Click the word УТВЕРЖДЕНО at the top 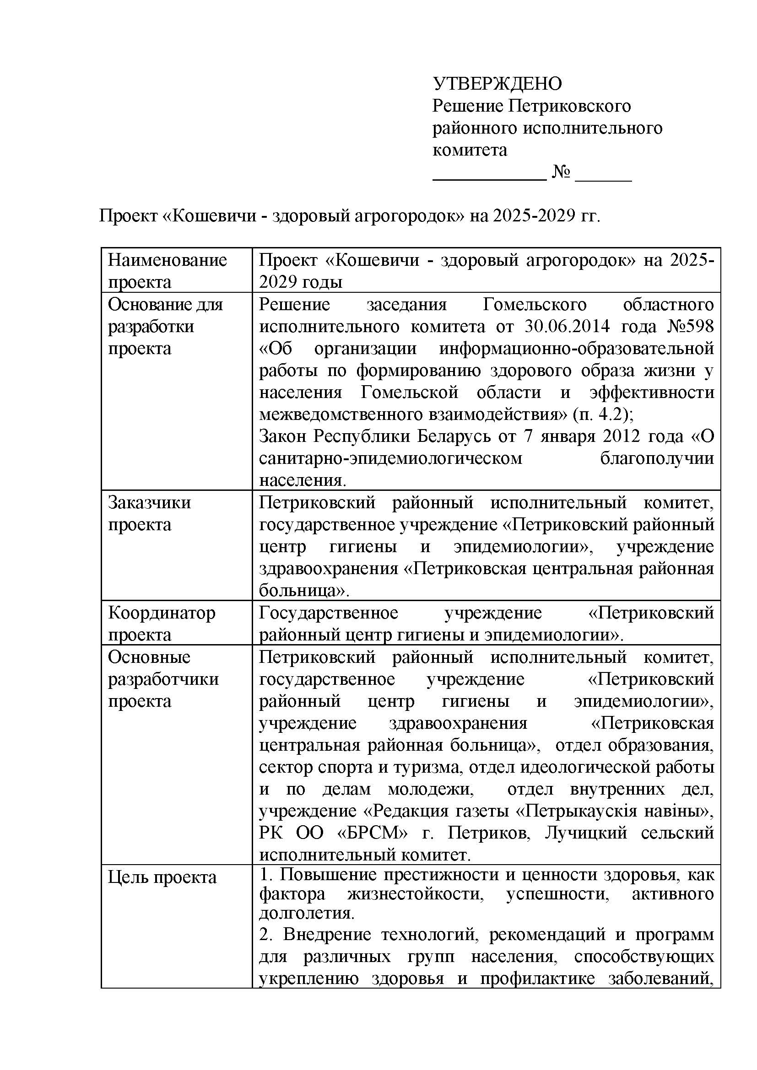click(497, 84)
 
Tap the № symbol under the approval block click(561, 172)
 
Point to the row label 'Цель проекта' click(162, 877)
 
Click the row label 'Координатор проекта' click(162, 624)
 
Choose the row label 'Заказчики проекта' click(149, 514)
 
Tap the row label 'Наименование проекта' click(168, 271)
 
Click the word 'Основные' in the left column click(149, 657)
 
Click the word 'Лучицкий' click(586, 833)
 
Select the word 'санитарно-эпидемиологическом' click(390, 458)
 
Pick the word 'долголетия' click(306, 912)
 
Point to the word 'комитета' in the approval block click(470, 150)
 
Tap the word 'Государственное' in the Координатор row click(328, 613)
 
